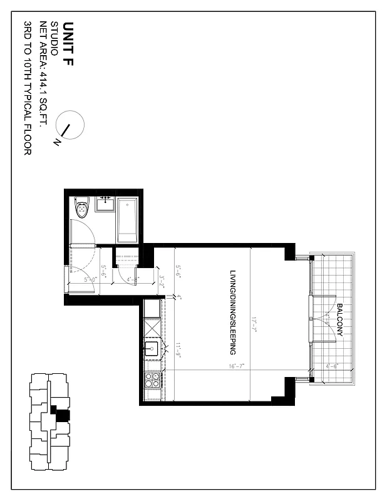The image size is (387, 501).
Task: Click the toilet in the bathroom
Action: tap(82, 208)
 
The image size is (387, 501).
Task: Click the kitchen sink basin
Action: tap(152, 348)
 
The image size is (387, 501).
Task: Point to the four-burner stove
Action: tap(152, 381)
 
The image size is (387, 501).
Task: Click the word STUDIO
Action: tap(54, 39)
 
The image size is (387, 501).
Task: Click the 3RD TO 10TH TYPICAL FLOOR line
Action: tap(28, 88)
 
